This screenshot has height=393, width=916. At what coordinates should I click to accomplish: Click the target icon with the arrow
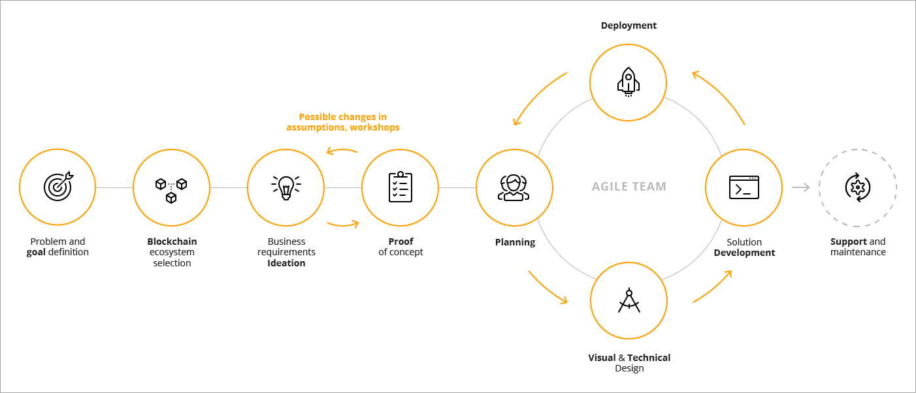(58, 186)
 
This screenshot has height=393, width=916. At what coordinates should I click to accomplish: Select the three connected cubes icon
(171, 191)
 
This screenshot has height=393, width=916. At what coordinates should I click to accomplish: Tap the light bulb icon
(286, 187)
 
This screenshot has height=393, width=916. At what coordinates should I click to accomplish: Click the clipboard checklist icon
(401, 187)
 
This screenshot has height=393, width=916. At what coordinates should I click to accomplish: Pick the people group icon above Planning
(514, 187)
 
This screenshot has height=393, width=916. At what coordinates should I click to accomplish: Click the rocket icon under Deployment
(628, 82)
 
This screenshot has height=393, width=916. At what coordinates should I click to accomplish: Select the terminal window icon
(744, 187)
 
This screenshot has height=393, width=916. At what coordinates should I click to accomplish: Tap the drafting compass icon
(629, 300)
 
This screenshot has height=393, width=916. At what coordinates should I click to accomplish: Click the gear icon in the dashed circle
(857, 187)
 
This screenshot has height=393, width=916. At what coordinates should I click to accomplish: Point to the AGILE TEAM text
(629, 187)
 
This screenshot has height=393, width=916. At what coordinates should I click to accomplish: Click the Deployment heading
(629, 25)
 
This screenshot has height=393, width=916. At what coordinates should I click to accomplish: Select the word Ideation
(286, 263)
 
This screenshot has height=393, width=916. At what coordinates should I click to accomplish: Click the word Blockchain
(172, 242)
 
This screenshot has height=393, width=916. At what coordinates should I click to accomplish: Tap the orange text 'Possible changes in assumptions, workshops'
(342, 122)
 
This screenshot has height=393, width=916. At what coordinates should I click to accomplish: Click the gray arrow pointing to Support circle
(800, 187)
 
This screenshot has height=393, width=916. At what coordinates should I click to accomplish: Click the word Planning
(515, 242)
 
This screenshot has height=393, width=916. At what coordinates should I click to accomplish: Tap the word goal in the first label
(36, 253)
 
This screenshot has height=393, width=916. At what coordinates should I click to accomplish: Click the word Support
(849, 242)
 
